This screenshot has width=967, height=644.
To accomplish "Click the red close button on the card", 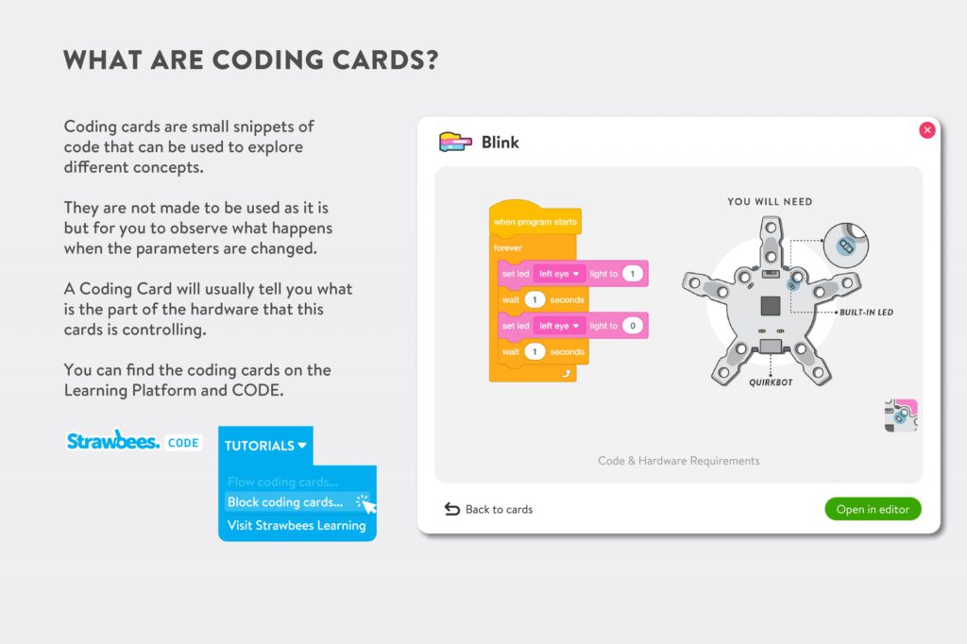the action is click(x=927, y=130).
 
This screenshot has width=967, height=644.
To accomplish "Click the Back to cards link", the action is click(x=488, y=509).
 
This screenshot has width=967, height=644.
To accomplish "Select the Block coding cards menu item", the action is click(x=285, y=502).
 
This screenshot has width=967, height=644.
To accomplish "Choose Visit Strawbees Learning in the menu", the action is click(x=297, y=526).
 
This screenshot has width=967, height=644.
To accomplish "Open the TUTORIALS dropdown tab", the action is click(x=265, y=446).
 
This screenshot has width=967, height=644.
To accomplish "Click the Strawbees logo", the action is click(x=113, y=441).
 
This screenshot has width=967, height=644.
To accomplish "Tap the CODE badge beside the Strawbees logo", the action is click(x=183, y=443).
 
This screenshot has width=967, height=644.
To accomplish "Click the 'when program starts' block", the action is click(x=535, y=222).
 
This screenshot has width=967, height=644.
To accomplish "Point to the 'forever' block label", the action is click(x=507, y=248).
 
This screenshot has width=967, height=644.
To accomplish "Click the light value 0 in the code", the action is click(x=632, y=326).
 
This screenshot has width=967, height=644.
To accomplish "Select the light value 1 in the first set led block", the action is click(x=632, y=274).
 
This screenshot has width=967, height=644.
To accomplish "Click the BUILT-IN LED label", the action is click(x=867, y=313).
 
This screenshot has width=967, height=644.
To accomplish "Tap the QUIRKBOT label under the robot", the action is click(x=771, y=382).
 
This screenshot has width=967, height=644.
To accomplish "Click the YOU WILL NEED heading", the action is click(x=770, y=202).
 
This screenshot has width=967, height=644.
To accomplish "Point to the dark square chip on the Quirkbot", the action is click(x=771, y=306).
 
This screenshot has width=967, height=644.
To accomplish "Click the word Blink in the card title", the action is click(x=500, y=143).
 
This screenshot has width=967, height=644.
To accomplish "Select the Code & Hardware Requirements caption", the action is click(x=678, y=461).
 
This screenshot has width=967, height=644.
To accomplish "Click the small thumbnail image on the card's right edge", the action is click(x=901, y=415).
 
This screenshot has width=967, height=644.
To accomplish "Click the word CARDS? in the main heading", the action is click(x=385, y=59).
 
